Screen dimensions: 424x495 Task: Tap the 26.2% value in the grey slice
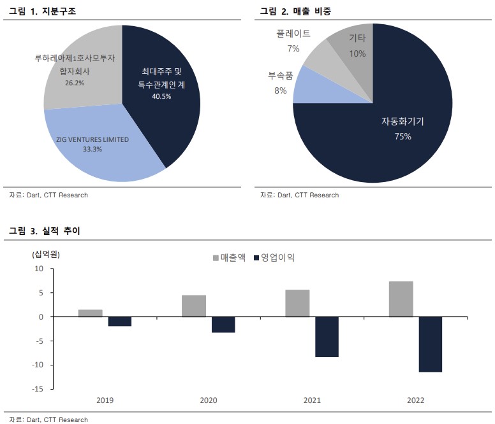[75, 83]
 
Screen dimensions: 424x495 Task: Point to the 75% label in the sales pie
[403, 136]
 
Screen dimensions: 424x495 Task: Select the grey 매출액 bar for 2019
[91, 313]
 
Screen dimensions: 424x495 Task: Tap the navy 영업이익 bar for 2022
[431, 344]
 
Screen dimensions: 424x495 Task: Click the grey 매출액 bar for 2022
[401, 299]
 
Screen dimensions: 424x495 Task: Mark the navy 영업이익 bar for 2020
[223, 325]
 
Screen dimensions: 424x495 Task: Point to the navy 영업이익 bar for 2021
[327, 337]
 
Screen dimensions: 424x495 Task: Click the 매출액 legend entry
[228, 258]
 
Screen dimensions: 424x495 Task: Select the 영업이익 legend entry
[274, 258]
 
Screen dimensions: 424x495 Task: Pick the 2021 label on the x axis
[313, 400]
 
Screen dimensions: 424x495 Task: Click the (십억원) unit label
[45, 254]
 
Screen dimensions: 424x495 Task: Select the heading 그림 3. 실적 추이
[45, 231]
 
